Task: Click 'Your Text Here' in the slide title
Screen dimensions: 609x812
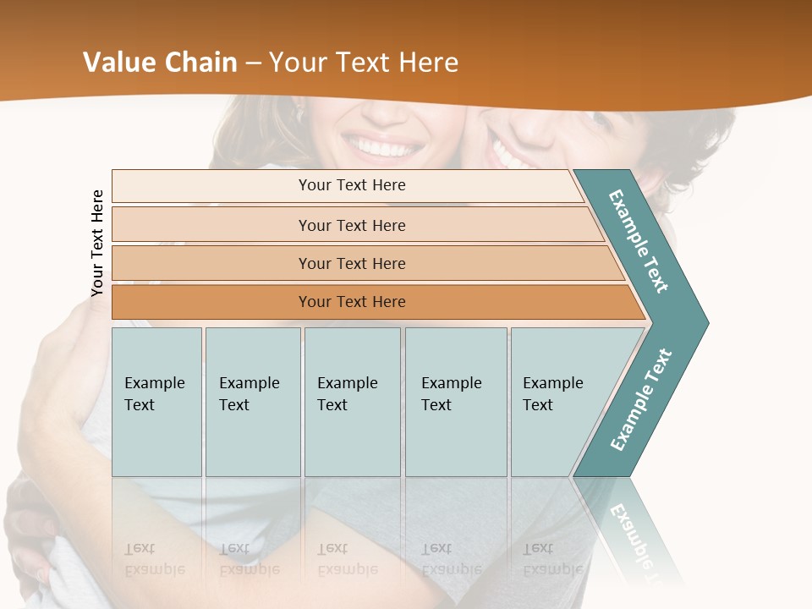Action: (364, 63)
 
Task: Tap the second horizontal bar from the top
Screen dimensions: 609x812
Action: (351, 225)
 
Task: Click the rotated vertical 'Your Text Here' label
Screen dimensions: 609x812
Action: (97, 243)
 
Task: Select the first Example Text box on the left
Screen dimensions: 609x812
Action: (156, 402)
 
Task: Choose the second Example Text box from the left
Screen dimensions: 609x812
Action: (252, 402)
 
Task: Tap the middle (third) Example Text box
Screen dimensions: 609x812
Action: (352, 402)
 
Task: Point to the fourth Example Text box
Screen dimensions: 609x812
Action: (455, 402)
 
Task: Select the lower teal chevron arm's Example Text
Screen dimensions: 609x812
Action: (641, 399)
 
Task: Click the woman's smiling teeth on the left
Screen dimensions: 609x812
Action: (385, 149)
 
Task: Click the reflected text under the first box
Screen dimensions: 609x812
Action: (156, 559)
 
